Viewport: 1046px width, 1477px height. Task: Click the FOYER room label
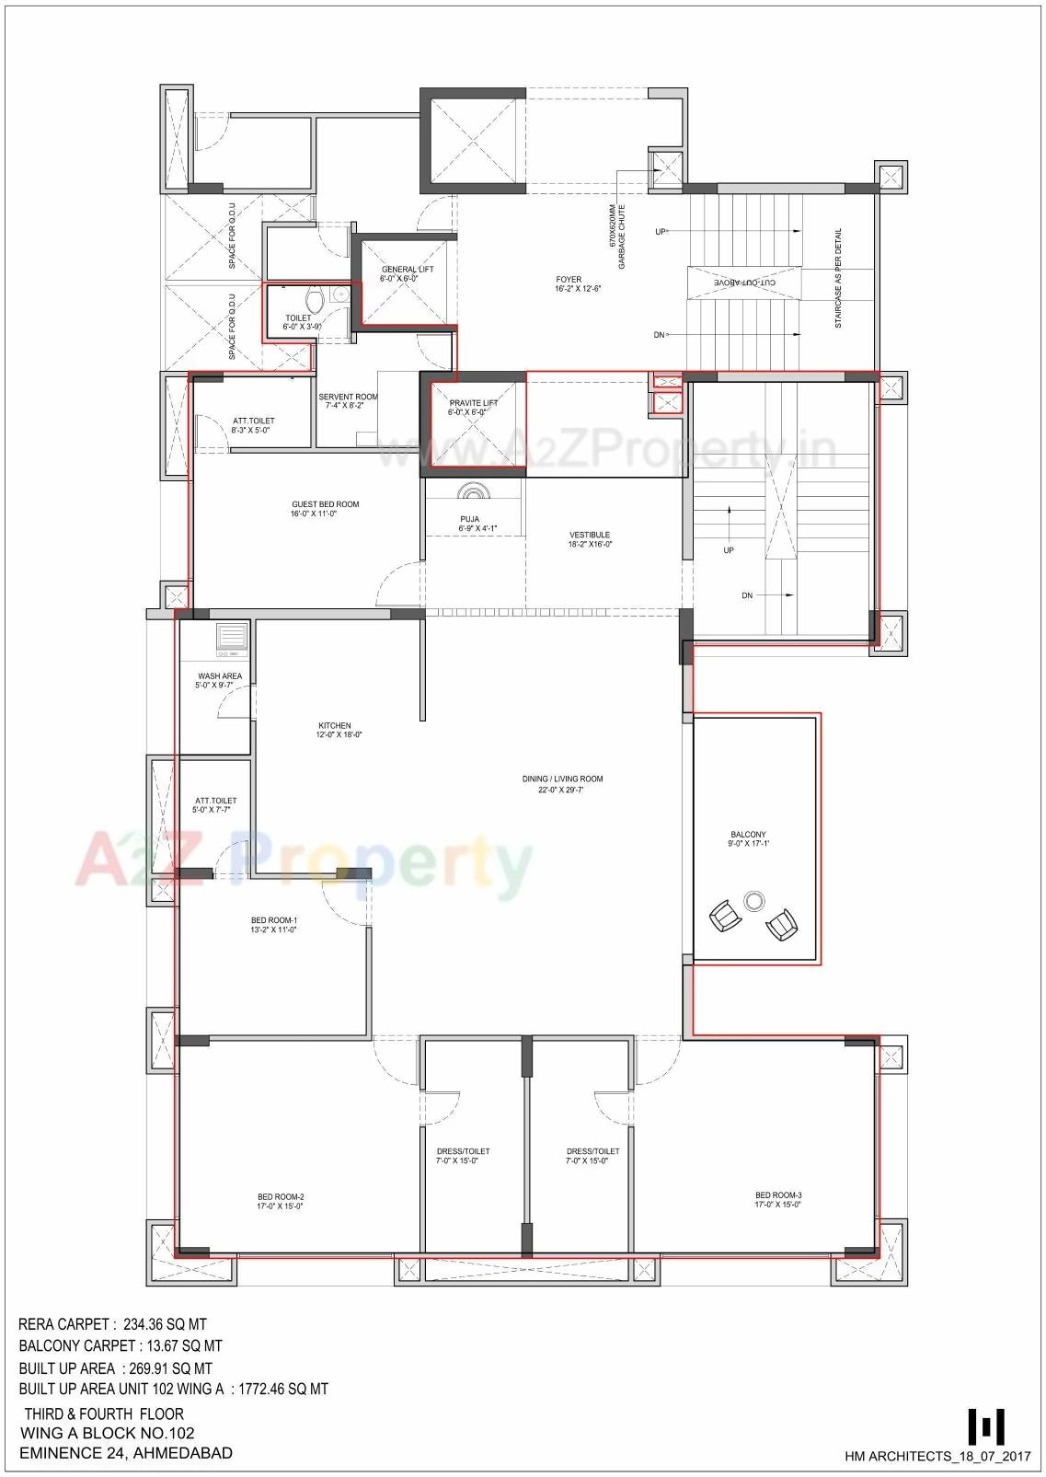(569, 280)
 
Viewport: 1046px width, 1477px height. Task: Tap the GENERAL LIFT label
(407, 270)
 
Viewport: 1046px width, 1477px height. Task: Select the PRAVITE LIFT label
(473, 403)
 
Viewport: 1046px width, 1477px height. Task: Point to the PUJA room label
(469, 519)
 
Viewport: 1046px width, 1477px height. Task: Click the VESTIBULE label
(590, 535)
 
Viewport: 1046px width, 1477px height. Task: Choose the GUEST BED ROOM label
(325, 504)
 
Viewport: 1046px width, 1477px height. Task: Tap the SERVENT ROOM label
(348, 398)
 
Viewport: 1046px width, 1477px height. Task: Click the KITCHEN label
(334, 726)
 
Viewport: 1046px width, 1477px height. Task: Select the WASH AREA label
(219, 676)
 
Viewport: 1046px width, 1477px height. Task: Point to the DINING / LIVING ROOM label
(562, 779)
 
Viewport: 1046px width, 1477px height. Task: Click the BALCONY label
(748, 835)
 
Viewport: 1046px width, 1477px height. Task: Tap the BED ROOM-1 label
(273, 920)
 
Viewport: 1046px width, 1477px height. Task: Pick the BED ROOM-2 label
(280, 1197)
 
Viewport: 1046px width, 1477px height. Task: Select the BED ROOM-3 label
(778, 1195)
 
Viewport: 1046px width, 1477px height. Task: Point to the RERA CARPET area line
(112, 1325)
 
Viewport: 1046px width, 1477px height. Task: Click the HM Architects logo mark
(985, 1427)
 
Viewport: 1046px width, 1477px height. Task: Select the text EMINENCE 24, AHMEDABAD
(126, 1454)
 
